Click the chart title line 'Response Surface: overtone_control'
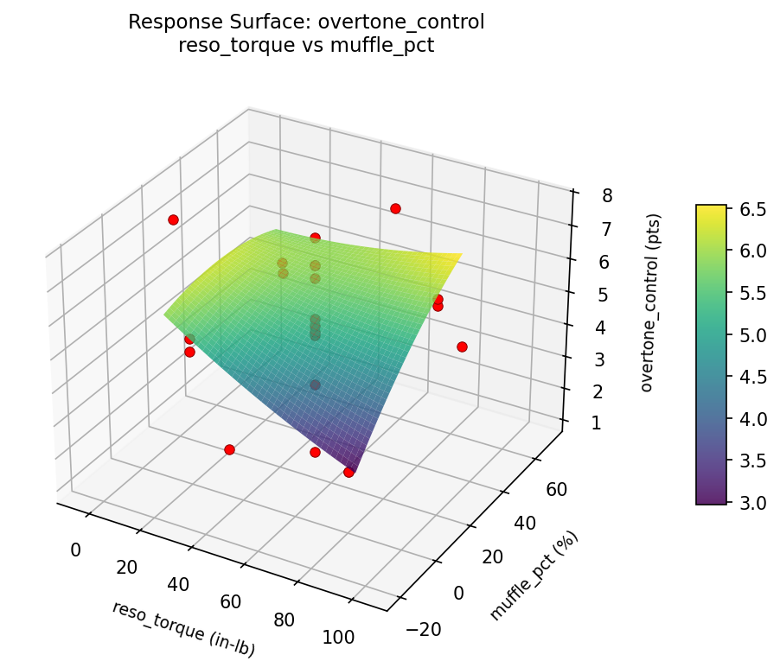pos(306,22)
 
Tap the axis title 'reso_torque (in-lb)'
pos(183,629)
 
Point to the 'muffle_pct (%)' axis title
pos(534,576)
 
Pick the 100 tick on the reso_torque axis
pos(338,638)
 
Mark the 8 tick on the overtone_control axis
pos(608,196)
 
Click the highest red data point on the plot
pos(395,208)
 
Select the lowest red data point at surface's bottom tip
pos(348,472)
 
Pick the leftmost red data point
pos(173,219)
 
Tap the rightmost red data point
pos(462,346)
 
